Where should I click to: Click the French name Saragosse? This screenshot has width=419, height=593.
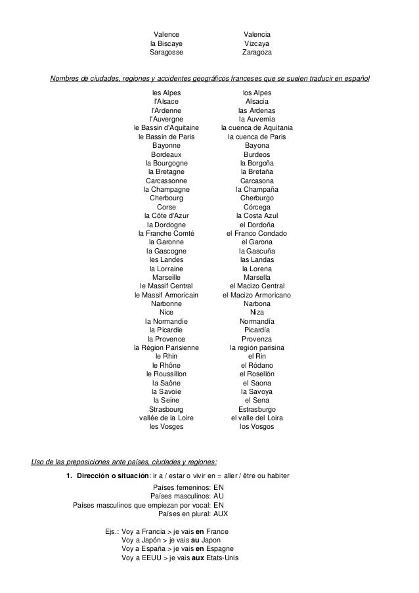click(166, 52)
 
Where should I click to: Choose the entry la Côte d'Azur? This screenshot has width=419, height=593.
click(166, 216)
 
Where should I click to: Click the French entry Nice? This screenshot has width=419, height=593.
click(166, 313)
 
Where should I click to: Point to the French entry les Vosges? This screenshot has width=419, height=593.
click(166, 426)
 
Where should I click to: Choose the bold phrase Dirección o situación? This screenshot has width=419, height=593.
click(112, 475)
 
